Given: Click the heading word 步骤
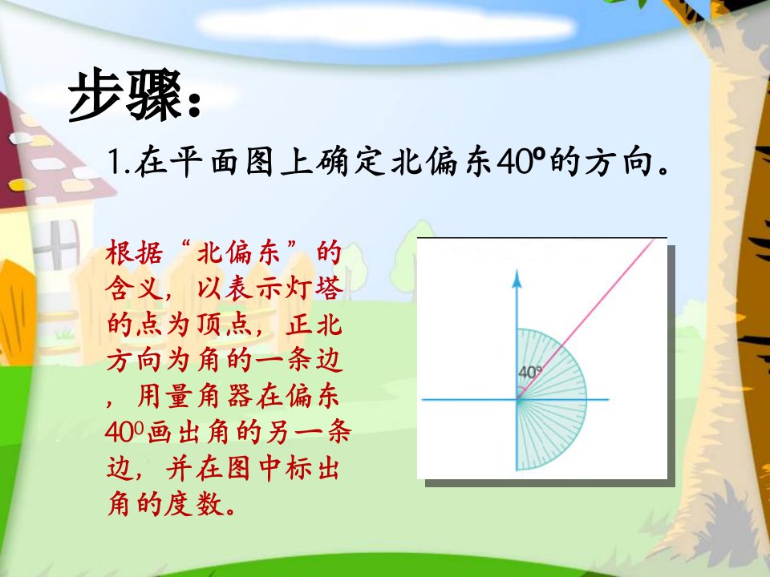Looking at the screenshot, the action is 125,95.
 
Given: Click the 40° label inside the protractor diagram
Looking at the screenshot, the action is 530,373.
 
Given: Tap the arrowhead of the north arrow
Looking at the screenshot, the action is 517,278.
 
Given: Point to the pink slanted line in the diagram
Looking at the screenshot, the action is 586,319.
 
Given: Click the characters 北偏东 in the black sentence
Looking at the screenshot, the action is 441,163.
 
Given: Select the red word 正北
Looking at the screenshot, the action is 314,325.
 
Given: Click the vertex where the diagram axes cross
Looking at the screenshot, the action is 517,400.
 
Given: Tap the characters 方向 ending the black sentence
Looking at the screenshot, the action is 618,163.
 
